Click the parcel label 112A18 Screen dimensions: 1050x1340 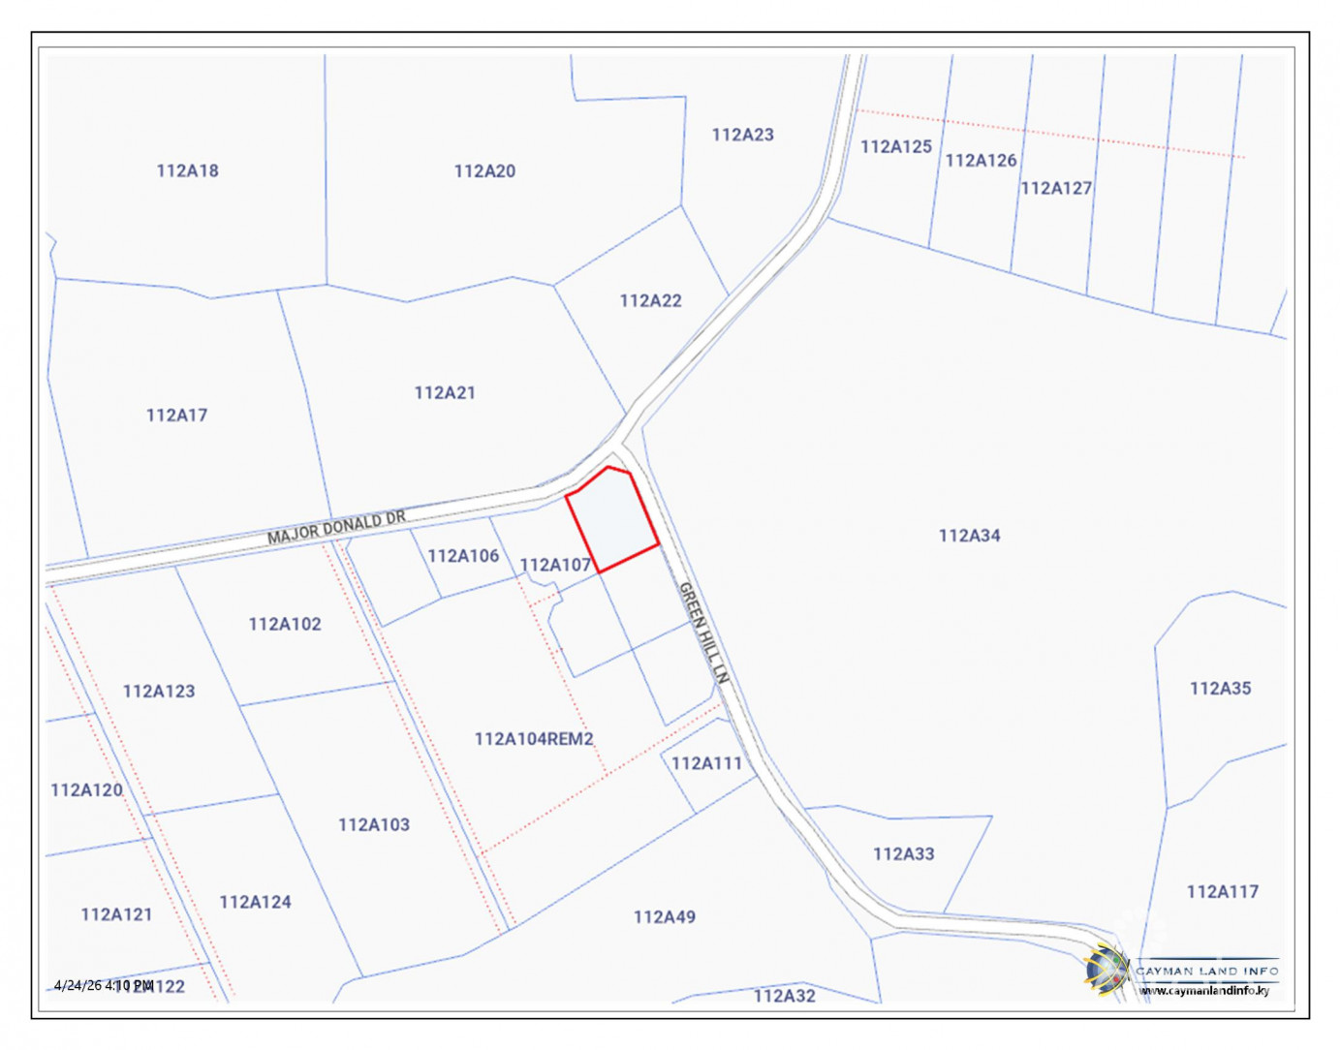(187, 170)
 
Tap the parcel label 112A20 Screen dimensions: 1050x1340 (484, 171)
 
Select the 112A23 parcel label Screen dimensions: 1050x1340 (742, 135)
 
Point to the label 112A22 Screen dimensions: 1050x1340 (650, 300)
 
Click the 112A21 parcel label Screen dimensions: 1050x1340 (445, 392)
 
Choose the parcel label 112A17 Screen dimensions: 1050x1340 (176, 415)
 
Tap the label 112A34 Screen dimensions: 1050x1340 (969, 535)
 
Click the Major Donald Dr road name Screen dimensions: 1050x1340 (336, 528)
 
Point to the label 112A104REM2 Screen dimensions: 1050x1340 (534, 739)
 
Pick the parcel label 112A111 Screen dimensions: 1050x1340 (706, 763)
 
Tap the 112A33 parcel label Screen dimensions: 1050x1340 (903, 853)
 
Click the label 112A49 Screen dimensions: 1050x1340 (664, 916)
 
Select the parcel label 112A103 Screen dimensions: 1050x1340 (374, 824)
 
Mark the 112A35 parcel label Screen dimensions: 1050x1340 (1220, 688)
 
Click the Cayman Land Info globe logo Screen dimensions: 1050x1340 (1106, 969)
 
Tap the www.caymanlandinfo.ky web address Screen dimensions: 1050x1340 (1204, 990)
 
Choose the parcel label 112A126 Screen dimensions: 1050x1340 (981, 160)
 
